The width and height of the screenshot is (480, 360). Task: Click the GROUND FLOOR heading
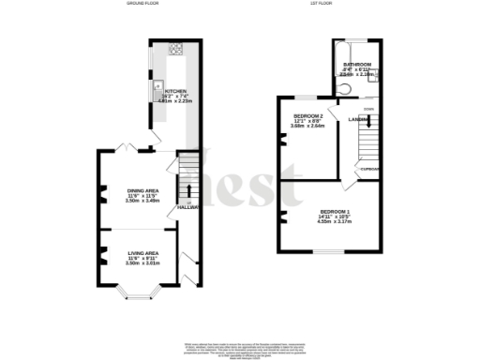click(x=142, y=4)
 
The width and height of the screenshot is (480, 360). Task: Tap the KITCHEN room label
click(x=175, y=91)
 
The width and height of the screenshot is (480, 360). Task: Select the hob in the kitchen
click(x=174, y=49)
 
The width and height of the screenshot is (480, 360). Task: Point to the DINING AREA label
click(x=143, y=191)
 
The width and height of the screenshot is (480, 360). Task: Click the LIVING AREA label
click(x=143, y=253)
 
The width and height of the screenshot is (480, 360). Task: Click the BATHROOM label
click(x=357, y=65)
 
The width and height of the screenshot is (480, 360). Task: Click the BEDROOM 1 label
click(x=334, y=212)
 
